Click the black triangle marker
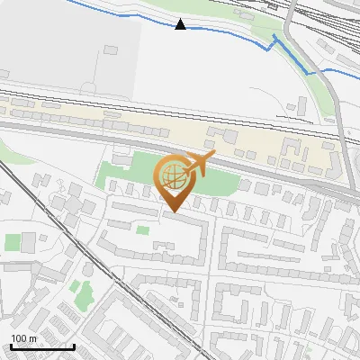[x=181, y=24]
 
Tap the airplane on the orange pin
[x=199, y=164]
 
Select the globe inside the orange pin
[x=173, y=175]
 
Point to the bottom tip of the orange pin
[x=173, y=212]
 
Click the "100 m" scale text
[x=23, y=338]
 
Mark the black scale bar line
[x=42, y=346]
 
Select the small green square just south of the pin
[x=143, y=230]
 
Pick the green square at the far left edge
[x=13, y=242]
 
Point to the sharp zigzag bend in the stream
[x=275, y=40]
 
